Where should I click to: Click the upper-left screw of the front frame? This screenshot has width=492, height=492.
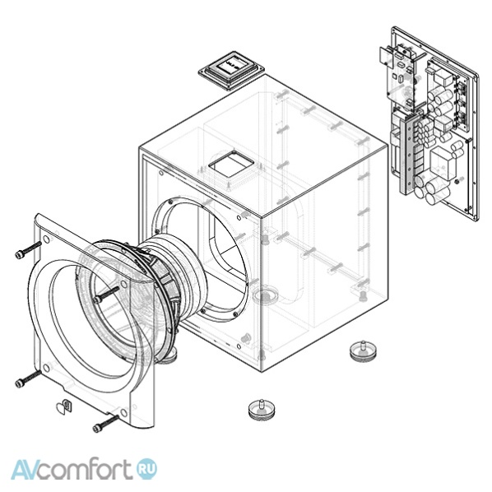click(28, 250)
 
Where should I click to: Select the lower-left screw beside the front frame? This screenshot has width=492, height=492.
click(28, 378)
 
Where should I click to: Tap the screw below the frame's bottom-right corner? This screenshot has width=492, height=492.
click(106, 424)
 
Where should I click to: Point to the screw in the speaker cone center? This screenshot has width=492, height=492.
click(106, 294)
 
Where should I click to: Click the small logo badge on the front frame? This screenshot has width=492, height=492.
click(64, 406)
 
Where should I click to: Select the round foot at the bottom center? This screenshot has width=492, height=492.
click(261, 410)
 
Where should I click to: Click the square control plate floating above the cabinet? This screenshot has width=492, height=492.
click(231, 70)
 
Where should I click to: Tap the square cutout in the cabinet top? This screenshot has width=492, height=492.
click(231, 164)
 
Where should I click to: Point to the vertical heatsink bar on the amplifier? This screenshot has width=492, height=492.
click(410, 154)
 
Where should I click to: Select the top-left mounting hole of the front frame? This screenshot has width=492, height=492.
click(46, 239)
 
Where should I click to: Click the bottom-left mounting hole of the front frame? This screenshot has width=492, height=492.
click(46, 368)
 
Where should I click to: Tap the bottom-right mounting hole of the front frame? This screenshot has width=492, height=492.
click(124, 412)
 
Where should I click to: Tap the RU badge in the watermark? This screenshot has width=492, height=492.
click(146, 469)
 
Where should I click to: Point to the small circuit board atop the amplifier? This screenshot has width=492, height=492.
click(397, 74)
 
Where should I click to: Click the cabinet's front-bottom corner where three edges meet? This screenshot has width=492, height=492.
click(261, 373)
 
